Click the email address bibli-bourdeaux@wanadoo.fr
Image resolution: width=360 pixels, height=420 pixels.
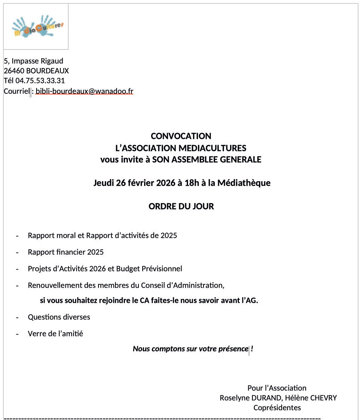point(84,91)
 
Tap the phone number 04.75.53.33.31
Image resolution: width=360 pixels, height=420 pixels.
point(40,80)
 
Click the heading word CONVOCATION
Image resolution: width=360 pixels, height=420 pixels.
point(181,136)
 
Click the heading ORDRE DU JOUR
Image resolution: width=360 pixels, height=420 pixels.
point(181,207)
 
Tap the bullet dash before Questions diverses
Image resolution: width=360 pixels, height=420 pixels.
point(17,317)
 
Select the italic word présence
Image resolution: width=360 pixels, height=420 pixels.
point(233,349)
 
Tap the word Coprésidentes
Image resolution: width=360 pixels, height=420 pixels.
point(277,408)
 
